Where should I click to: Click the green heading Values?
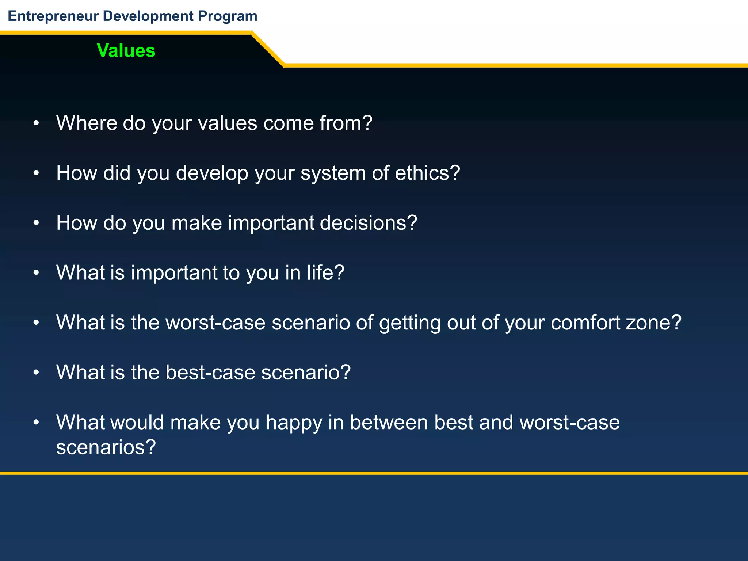(x=126, y=50)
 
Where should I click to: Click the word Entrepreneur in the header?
(x=53, y=16)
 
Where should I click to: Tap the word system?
(x=333, y=173)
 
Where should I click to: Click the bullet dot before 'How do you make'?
(x=36, y=223)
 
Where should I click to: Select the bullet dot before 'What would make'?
(x=36, y=423)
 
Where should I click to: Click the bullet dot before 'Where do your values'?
(x=36, y=123)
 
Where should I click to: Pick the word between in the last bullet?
(x=389, y=422)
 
